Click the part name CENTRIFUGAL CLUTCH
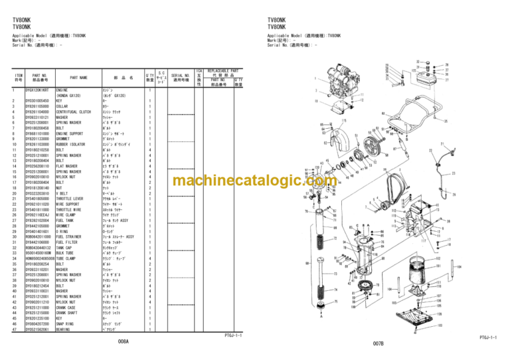[73, 112]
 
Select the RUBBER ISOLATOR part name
[70, 144]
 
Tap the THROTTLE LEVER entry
[70, 198]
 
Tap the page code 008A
[124, 341]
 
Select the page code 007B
[379, 343]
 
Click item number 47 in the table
[14, 328]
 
